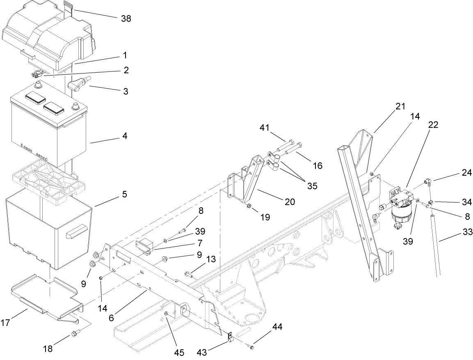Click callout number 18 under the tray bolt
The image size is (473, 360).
(48, 349)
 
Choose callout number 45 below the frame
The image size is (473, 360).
(179, 352)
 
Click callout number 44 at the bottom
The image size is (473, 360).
(277, 327)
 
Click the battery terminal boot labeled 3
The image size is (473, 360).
(77, 84)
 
